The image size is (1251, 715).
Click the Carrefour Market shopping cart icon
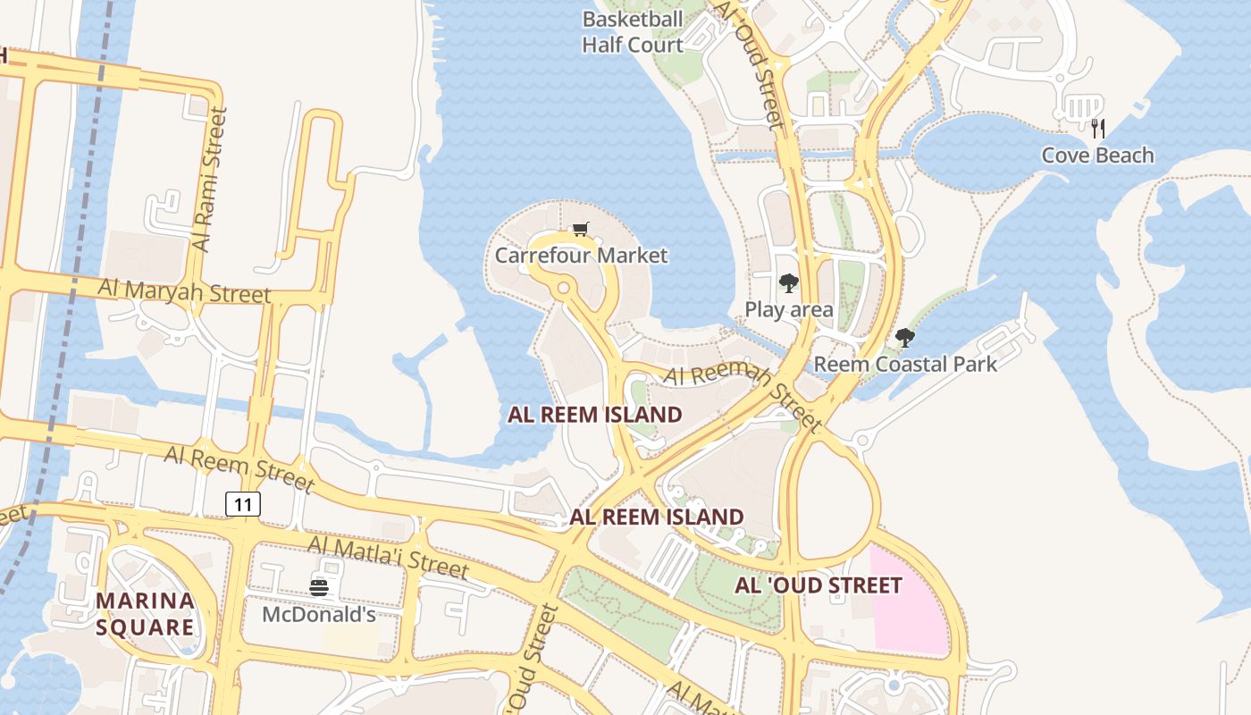tap(581, 230)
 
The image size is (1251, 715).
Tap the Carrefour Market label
tap(581, 256)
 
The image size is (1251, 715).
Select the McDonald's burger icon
tap(319, 588)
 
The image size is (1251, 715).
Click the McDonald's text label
tap(319, 615)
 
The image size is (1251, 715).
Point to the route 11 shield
tap(242, 504)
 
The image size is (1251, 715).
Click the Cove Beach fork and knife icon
tap(1098, 129)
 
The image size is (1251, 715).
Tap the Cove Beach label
tap(1097, 156)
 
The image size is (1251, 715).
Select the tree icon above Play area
tap(788, 283)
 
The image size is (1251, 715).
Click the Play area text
tap(789, 310)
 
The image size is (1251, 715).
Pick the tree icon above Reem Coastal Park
tap(904, 338)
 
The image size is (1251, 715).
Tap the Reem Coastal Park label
tap(904, 365)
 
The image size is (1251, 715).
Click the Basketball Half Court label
tap(633, 32)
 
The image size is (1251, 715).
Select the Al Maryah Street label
tap(184, 290)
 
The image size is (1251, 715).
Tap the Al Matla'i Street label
tap(388, 556)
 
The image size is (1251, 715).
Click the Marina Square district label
tap(145, 613)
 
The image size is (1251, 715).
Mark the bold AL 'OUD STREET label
tap(818, 585)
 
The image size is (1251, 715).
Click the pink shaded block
tap(907, 599)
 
